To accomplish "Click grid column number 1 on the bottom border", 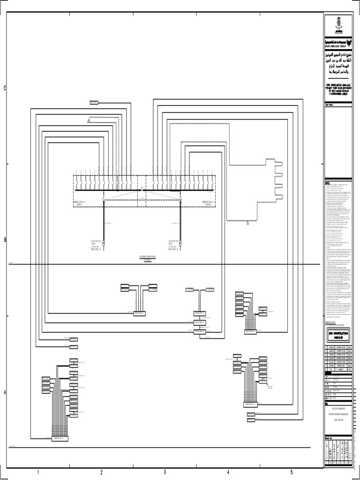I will [x=38, y=472].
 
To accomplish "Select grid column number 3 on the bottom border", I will [x=165, y=472].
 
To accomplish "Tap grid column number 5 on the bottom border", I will [x=291, y=472].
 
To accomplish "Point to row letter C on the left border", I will [x=5, y=89].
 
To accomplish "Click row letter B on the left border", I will [x=5, y=240].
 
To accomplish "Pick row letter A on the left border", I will [x=5, y=392].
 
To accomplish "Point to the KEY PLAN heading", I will [x=329, y=106].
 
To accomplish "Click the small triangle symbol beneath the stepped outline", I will [x=247, y=224].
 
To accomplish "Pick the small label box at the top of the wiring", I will [x=94, y=102].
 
